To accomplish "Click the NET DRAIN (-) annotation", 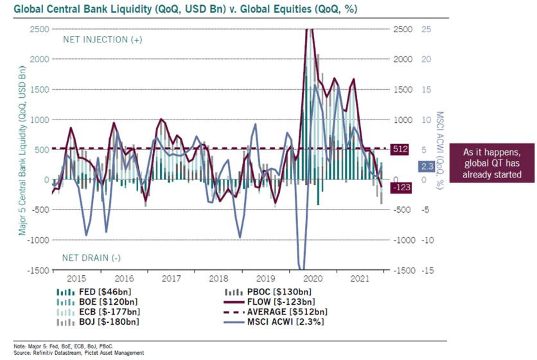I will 91,258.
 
